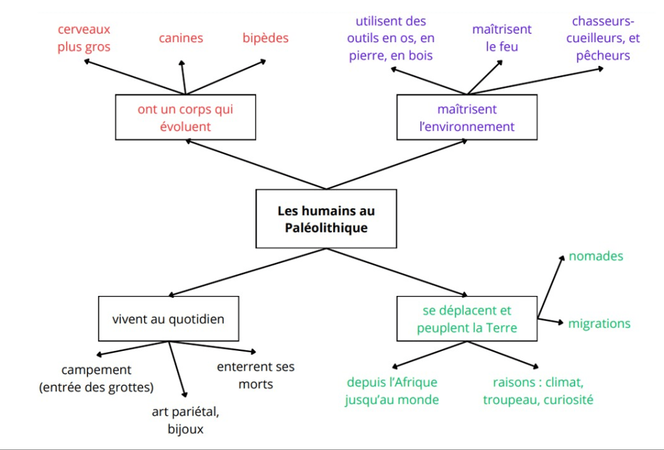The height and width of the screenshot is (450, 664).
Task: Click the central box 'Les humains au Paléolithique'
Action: point(326,219)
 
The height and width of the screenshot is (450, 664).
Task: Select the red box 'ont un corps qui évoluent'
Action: point(185,117)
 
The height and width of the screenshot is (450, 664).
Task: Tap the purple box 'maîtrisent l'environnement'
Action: point(467,117)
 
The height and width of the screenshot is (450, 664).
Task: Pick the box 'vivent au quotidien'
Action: point(168,319)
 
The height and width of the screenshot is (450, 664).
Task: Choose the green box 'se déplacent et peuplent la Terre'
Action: point(467,319)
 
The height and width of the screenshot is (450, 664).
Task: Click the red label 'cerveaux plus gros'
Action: point(84,38)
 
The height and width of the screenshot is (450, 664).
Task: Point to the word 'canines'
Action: point(181,38)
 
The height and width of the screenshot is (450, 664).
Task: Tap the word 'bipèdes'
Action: point(266,38)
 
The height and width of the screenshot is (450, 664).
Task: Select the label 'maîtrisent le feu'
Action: point(502,38)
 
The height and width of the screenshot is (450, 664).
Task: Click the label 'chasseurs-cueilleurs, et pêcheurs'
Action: point(606,38)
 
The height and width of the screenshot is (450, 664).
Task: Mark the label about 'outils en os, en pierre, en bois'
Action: point(390,39)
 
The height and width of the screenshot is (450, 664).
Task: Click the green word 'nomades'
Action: point(596,256)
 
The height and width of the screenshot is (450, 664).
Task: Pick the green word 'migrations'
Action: point(599,323)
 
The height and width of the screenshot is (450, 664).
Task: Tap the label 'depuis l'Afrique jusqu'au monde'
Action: point(392,390)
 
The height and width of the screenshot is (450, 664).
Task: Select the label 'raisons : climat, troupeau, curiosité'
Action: point(538,390)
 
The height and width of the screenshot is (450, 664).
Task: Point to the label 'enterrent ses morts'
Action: point(255,375)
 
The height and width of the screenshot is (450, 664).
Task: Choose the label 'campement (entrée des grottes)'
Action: point(96,379)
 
